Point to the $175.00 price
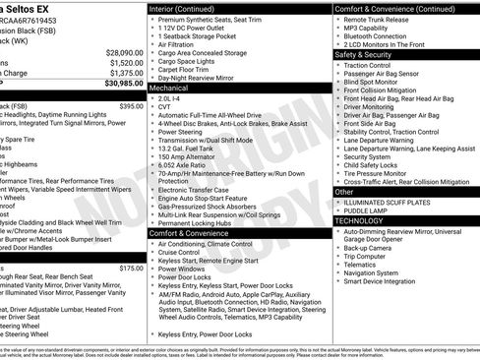click(131, 268)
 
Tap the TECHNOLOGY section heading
click(361, 221)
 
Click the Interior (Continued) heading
click(190, 8)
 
